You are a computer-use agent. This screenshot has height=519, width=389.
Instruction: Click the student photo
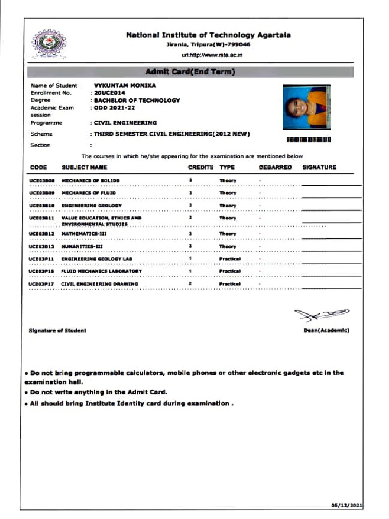(305, 106)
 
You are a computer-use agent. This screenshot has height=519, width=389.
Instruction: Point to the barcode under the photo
(309, 139)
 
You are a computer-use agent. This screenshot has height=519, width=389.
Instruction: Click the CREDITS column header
(201, 167)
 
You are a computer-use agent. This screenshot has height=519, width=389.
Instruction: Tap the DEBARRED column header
(275, 167)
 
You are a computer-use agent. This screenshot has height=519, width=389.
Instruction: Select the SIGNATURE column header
(319, 167)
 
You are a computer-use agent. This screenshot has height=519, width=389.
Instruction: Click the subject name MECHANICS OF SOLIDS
(91, 180)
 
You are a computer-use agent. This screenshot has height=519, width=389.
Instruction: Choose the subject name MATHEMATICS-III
(83, 234)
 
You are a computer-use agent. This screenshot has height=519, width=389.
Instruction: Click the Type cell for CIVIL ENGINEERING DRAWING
(229, 284)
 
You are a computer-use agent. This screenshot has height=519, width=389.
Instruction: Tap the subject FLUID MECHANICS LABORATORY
(101, 271)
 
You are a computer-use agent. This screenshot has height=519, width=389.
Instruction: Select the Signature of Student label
(58, 330)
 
